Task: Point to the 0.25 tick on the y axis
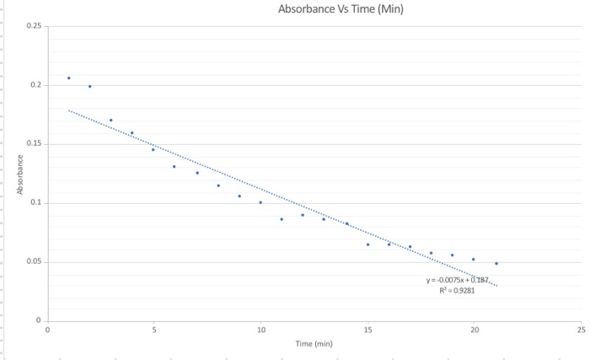click(x=35, y=26)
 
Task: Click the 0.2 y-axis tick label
click(x=36, y=85)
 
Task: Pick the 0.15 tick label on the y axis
click(x=35, y=144)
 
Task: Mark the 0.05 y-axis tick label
click(x=35, y=262)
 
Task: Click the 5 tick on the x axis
click(x=153, y=330)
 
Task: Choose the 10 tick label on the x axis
click(x=260, y=330)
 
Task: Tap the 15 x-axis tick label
click(x=367, y=330)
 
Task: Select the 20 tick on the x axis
click(x=475, y=330)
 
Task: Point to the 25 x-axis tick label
click(x=582, y=330)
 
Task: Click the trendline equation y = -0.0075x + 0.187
click(x=459, y=280)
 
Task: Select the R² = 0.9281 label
click(x=459, y=290)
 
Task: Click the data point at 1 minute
click(x=69, y=78)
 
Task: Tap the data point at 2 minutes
click(x=90, y=86)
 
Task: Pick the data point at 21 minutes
click(x=496, y=263)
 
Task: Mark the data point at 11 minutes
click(x=282, y=219)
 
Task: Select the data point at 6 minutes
click(x=174, y=166)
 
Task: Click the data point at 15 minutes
click(x=367, y=244)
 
